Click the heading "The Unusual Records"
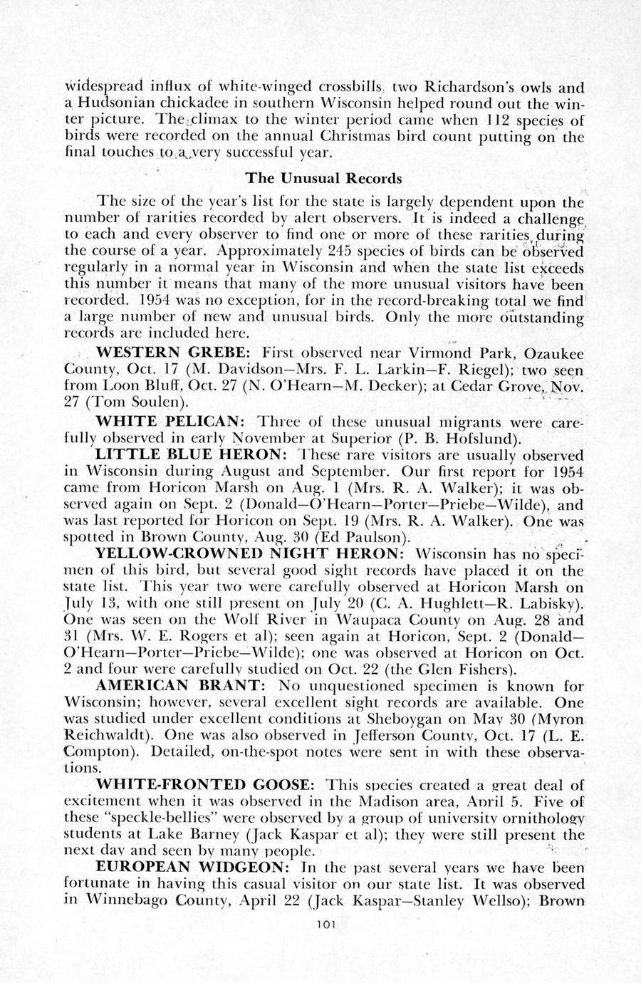click(x=323, y=177)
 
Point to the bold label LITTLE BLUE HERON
click(x=190, y=454)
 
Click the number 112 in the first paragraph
click(x=491, y=120)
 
